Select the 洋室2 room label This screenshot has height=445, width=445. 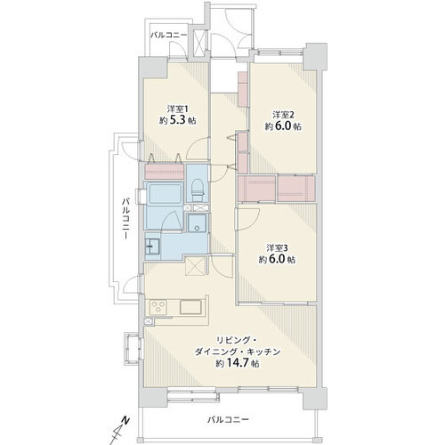(x=283, y=114)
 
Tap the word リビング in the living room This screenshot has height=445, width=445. (x=231, y=339)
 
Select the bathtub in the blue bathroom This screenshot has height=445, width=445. (x=164, y=193)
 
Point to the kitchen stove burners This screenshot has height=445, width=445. (x=161, y=308)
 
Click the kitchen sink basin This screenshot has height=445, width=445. (x=192, y=307)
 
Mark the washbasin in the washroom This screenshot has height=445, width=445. (x=152, y=245)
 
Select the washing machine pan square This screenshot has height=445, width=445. (x=197, y=224)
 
